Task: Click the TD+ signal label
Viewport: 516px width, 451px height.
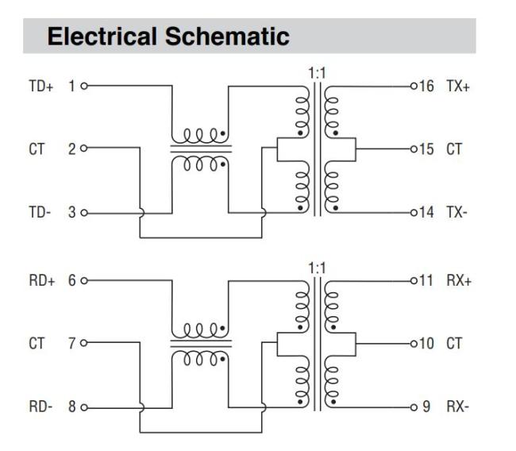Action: coord(40,86)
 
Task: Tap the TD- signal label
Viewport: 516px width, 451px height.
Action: coord(39,213)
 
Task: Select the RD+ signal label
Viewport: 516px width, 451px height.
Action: coord(40,280)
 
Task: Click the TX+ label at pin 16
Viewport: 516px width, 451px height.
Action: coord(458,85)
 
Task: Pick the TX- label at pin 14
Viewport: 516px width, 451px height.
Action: coord(457,213)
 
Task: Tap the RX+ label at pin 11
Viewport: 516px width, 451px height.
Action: coord(458,280)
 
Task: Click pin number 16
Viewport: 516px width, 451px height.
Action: coord(426,85)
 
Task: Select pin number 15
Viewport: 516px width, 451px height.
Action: coord(426,148)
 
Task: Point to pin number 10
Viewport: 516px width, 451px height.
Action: coord(426,343)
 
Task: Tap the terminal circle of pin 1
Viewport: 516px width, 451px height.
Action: coord(83,86)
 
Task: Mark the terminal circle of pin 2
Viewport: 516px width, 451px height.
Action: coord(83,148)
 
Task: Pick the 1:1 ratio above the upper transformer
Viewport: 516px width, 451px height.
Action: coord(317,73)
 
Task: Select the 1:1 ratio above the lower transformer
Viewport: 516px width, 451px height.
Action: coord(317,268)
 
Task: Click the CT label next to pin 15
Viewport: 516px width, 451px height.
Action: coord(454,148)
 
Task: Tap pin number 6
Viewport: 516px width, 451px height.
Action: coord(71,280)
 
